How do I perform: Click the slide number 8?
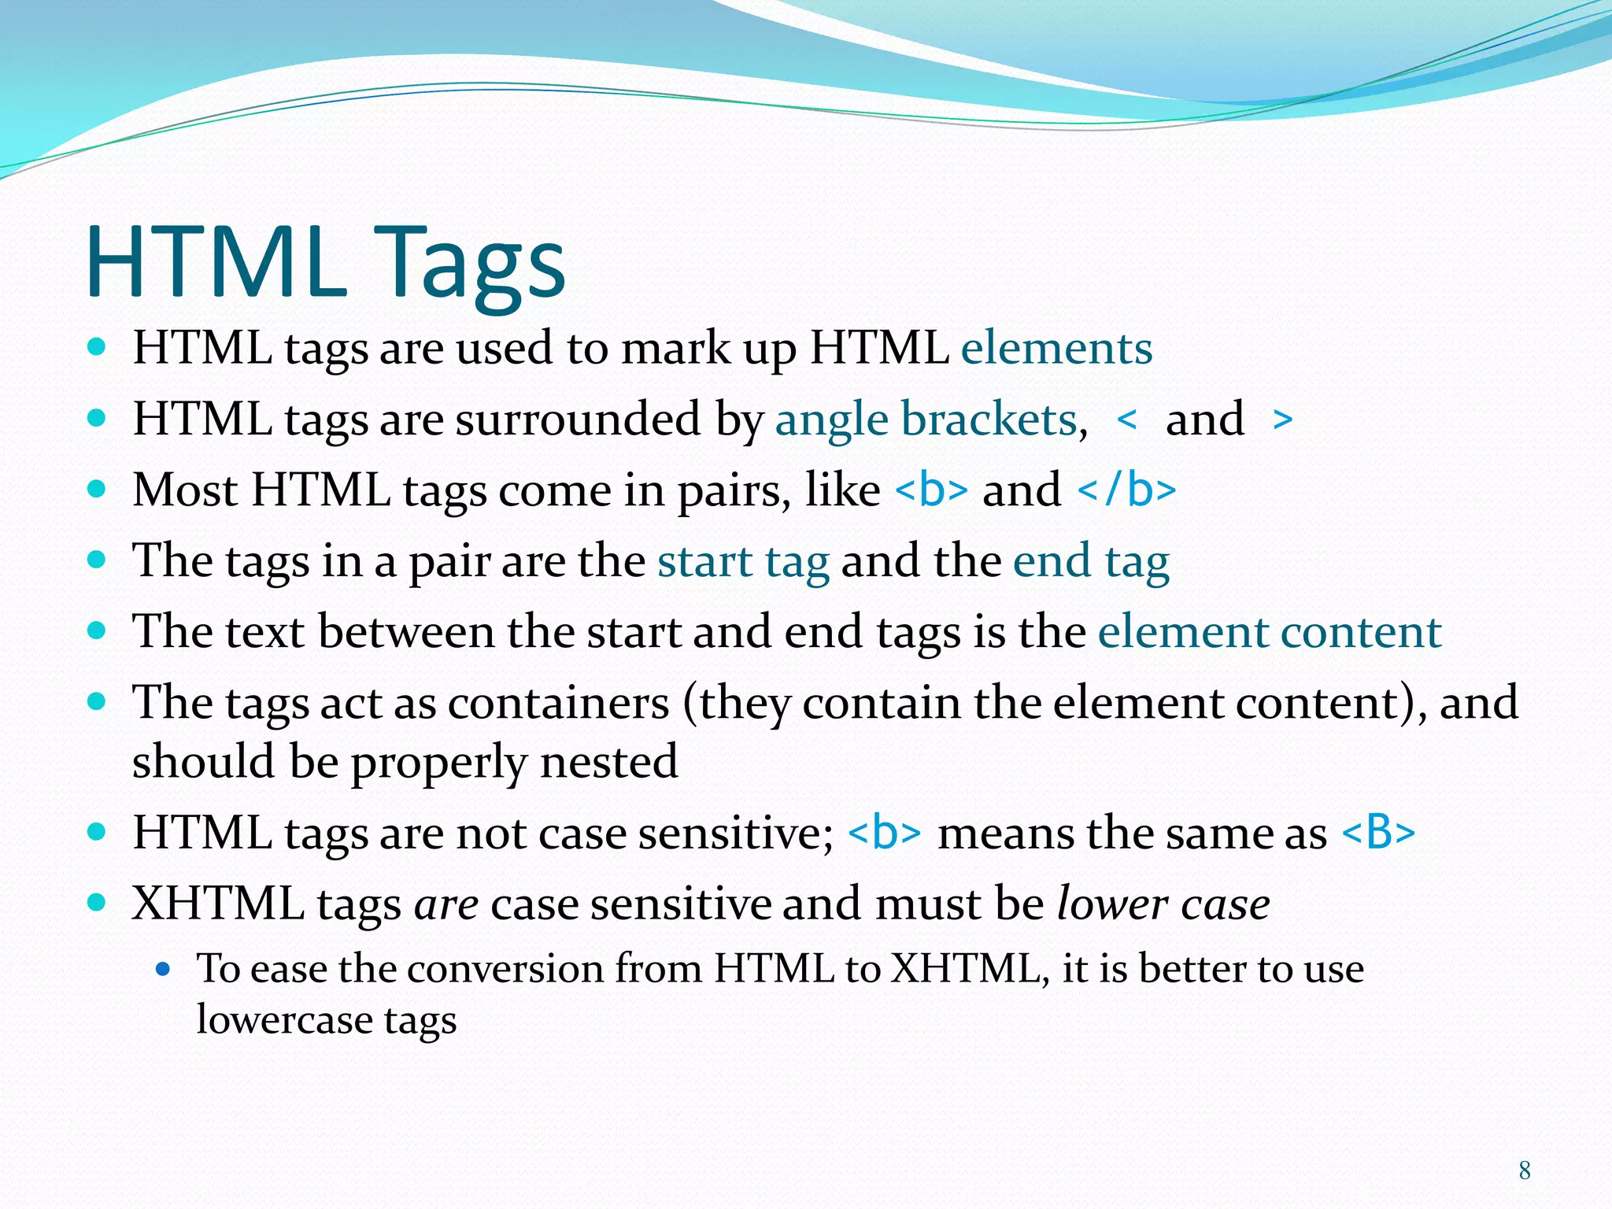(x=1525, y=1170)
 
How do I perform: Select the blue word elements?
(x=1056, y=348)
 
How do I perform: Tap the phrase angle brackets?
(x=926, y=419)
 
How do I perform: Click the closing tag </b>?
(x=1126, y=490)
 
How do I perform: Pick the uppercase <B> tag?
(x=1378, y=833)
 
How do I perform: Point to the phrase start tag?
(x=743, y=561)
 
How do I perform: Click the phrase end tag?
(x=1091, y=561)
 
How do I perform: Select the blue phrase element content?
(x=1270, y=632)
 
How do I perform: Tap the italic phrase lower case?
(x=1163, y=904)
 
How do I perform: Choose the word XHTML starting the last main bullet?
(x=218, y=904)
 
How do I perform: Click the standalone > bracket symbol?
(x=1282, y=420)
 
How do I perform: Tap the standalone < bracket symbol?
(x=1127, y=420)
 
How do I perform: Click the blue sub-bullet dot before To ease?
(x=163, y=970)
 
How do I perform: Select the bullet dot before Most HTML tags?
(x=96, y=490)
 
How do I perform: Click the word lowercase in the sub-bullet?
(x=283, y=1020)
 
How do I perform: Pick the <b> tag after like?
(x=931, y=490)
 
